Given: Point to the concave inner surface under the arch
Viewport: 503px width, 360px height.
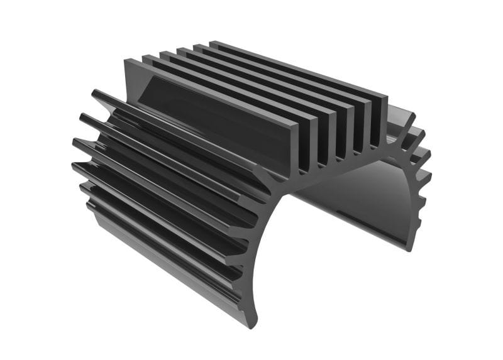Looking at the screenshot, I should [352, 201].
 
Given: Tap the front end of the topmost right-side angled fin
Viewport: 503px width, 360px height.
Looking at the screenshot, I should [412, 117].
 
